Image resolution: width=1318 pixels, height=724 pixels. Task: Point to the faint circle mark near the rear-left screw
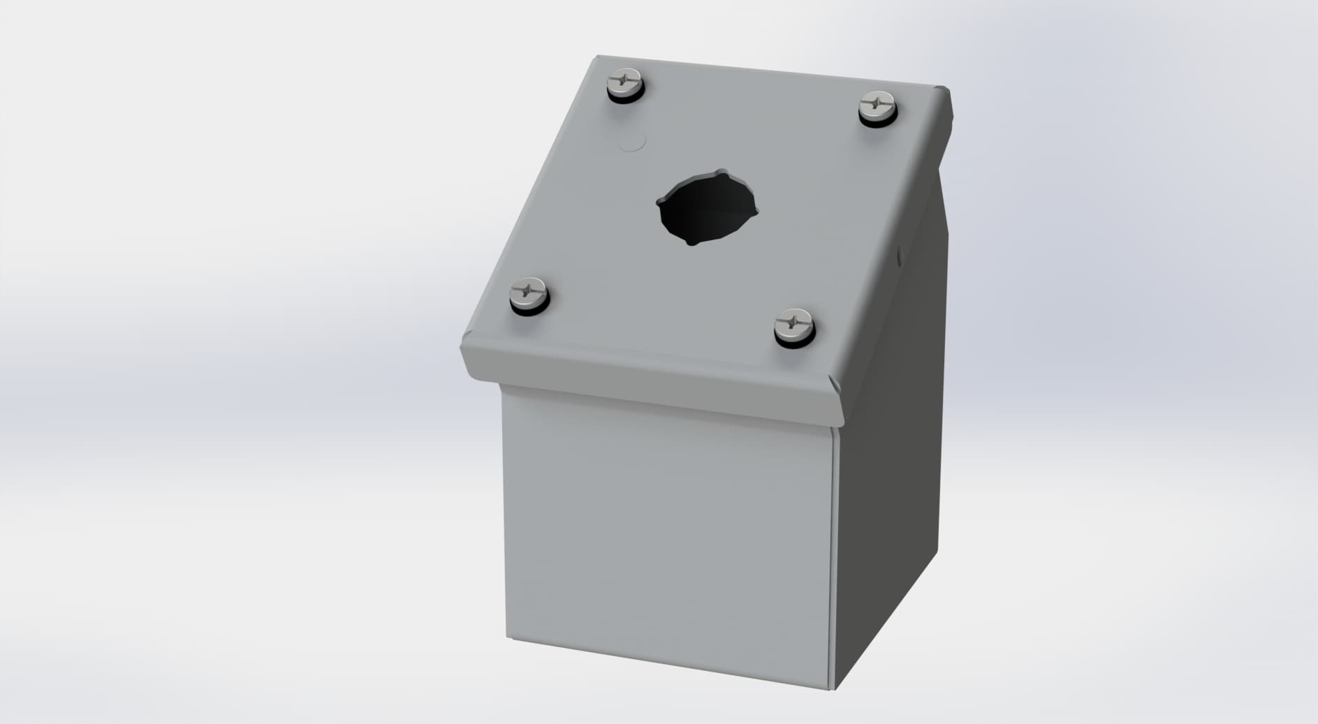click(633, 142)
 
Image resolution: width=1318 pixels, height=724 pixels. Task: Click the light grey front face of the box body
click(664, 538)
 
